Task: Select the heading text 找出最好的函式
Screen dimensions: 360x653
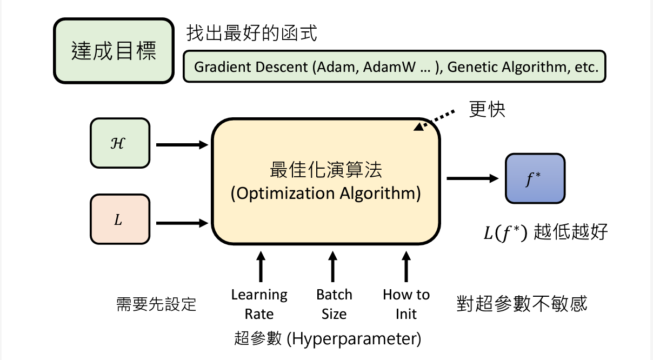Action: tap(251, 34)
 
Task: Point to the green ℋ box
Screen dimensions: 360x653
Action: tap(119, 143)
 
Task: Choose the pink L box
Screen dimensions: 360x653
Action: tap(119, 220)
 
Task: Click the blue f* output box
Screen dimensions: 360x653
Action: tap(535, 178)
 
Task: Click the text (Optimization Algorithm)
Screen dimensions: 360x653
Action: tap(325, 194)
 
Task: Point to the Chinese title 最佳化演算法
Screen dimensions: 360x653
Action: tap(325, 170)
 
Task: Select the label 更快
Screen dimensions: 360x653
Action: tap(487, 109)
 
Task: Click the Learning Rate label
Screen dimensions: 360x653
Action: tap(259, 304)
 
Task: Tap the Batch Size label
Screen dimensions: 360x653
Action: tap(334, 304)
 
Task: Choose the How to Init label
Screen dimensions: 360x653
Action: tap(406, 304)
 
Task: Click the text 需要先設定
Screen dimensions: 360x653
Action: tap(156, 304)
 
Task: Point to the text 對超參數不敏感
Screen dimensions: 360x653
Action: tap(521, 303)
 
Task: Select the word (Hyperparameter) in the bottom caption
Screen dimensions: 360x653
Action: tap(354, 339)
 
